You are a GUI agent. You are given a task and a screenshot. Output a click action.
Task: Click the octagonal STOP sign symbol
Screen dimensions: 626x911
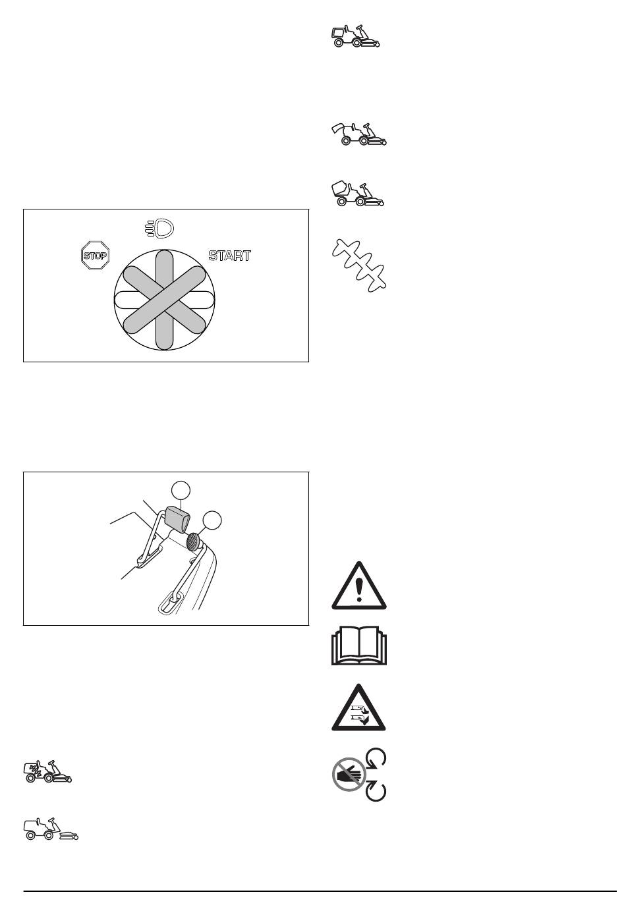click(x=96, y=256)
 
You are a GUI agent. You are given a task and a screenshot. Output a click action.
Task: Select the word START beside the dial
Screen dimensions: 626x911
click(x=230, y=256)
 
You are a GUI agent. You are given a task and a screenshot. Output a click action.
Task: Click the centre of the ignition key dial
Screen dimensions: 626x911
click(x=164, y=300)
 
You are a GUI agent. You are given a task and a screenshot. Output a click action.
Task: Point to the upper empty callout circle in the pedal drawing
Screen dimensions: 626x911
click(x=181, y=491)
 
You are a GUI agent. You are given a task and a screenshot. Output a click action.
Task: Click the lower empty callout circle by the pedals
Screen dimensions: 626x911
click(x=212, y=520)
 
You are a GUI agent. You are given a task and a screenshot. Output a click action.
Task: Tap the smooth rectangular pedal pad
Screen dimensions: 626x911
click(x=177, y=519)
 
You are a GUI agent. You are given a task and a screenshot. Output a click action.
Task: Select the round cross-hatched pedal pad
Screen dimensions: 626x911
click(x=193, y=541)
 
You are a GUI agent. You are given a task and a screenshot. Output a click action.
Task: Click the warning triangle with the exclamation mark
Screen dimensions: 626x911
click(x=358, y=586)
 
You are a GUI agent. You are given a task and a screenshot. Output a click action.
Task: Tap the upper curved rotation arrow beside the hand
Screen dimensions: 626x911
click(x=376, y=758)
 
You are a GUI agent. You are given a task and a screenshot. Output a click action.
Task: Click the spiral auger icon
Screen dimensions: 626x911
click(x=358, y=265)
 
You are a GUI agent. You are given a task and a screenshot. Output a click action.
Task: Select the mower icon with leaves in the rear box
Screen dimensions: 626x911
click(x=48, y=771)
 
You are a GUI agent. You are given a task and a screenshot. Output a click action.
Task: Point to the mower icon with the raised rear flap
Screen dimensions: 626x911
click(x=358, y=134)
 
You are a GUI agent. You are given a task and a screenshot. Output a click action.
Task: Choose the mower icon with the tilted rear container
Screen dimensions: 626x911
click(x=358, y=194)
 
